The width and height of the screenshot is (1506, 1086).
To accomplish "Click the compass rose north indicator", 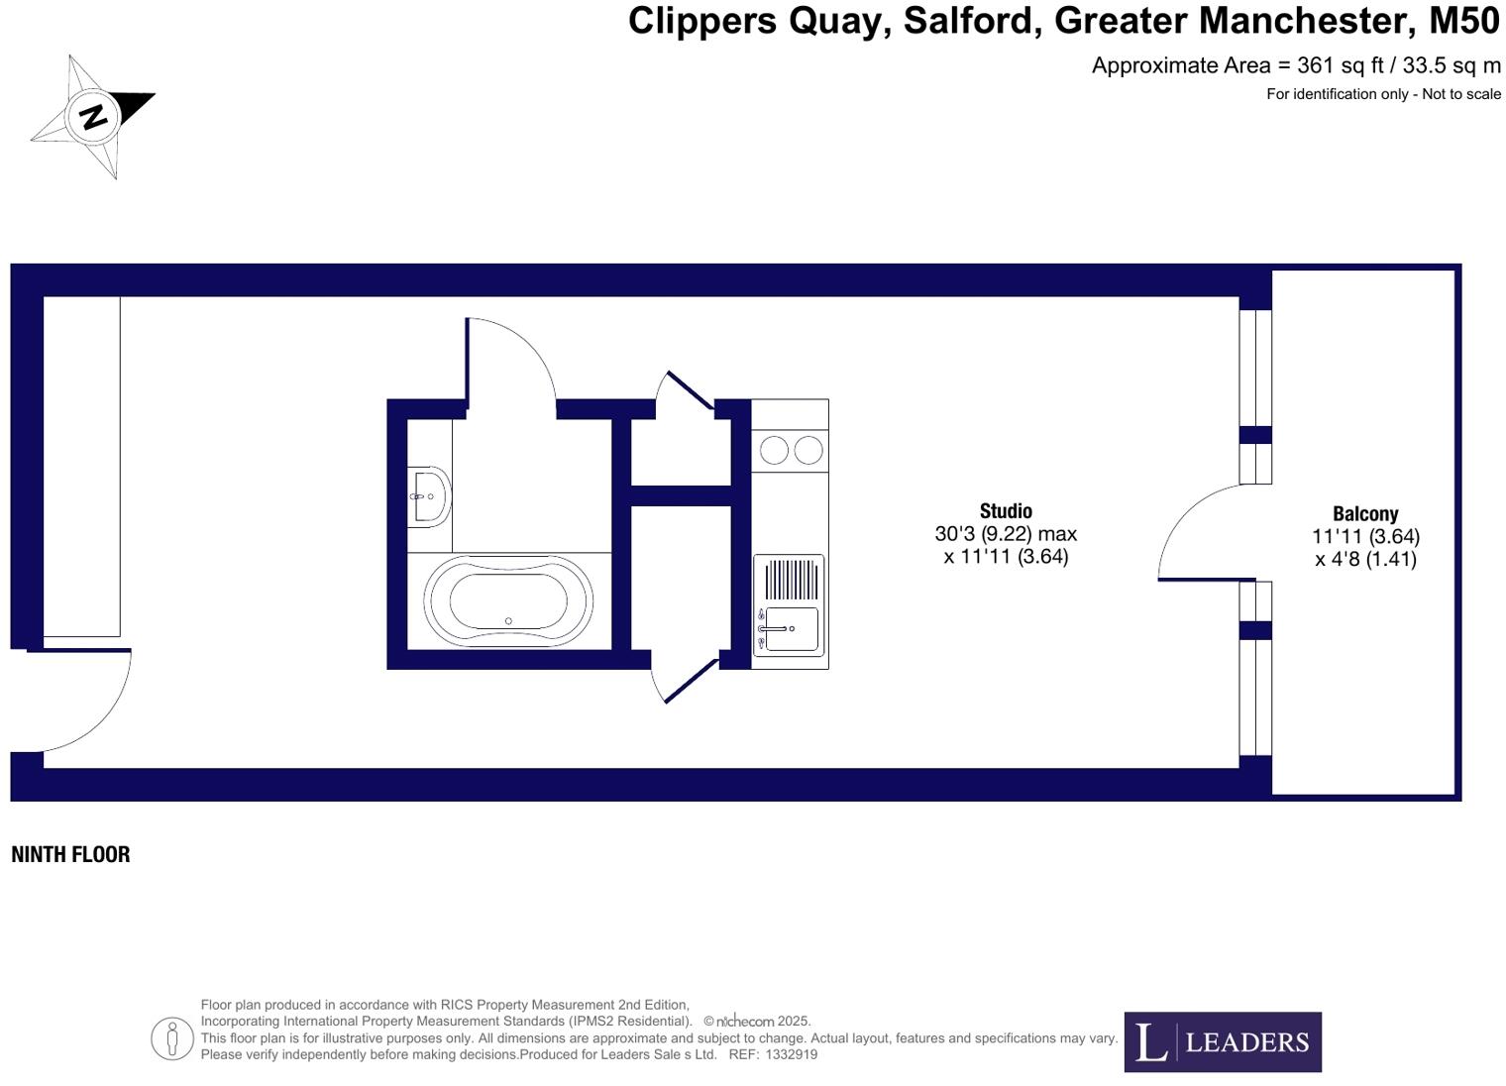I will (93, 116).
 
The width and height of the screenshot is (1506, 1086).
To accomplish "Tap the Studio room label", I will (1006, 511).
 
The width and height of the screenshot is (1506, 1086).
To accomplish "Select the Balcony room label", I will (1364, 514).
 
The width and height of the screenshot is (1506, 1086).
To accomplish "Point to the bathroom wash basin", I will (429, 495).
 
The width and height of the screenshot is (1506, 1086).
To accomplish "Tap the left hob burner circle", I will (774, 450).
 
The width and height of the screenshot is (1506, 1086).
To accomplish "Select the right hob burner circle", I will (808, 450).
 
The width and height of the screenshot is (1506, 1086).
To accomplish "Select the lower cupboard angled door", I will (690, 682).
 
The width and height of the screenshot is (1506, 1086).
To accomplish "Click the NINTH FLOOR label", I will (70, 854).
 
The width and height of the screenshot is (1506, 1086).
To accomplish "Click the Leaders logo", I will (1222, 1041).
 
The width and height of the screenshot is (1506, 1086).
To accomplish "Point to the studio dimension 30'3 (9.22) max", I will (1006, 534).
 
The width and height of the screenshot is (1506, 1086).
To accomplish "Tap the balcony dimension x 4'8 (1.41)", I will (1364, 560).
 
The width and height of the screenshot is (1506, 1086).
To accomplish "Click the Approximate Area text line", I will (1295, 66).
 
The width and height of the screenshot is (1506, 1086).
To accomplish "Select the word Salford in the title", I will (971, 21).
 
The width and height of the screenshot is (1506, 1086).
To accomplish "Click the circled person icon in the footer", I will (172, 1038).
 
